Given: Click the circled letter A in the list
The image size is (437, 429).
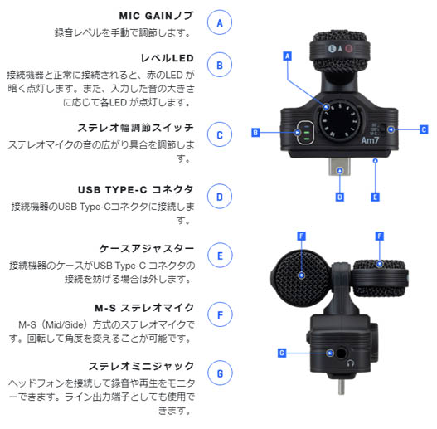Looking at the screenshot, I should point(219,22).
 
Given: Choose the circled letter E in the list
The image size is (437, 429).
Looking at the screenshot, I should point(219,256).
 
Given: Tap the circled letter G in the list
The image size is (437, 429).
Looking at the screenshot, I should point(219,374).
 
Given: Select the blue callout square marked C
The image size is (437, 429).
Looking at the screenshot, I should point(423,129).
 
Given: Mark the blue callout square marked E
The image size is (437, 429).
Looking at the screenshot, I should point(376,197).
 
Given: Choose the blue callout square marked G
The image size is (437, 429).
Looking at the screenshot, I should point(282,353).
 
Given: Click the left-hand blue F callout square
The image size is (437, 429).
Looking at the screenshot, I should point(301,236).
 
